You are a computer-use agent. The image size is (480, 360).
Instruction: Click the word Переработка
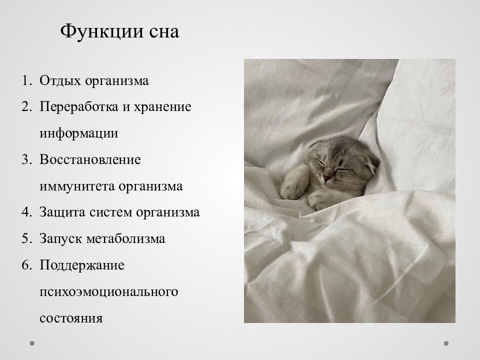tap(79, 107)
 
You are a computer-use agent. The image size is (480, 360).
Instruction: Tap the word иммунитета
tap(77, 186)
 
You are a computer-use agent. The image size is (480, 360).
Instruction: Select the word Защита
tap(61, 212)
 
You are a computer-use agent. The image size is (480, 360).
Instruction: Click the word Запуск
tap(61, 239)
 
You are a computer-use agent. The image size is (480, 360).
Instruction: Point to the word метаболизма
tap(125, 239)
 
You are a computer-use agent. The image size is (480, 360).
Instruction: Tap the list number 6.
tap(26, 265)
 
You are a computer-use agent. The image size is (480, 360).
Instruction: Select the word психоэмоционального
tap(108, 291)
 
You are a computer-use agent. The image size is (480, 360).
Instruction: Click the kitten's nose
tap(325, 177)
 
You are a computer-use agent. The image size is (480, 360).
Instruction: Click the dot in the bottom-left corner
tap(32, 344)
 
